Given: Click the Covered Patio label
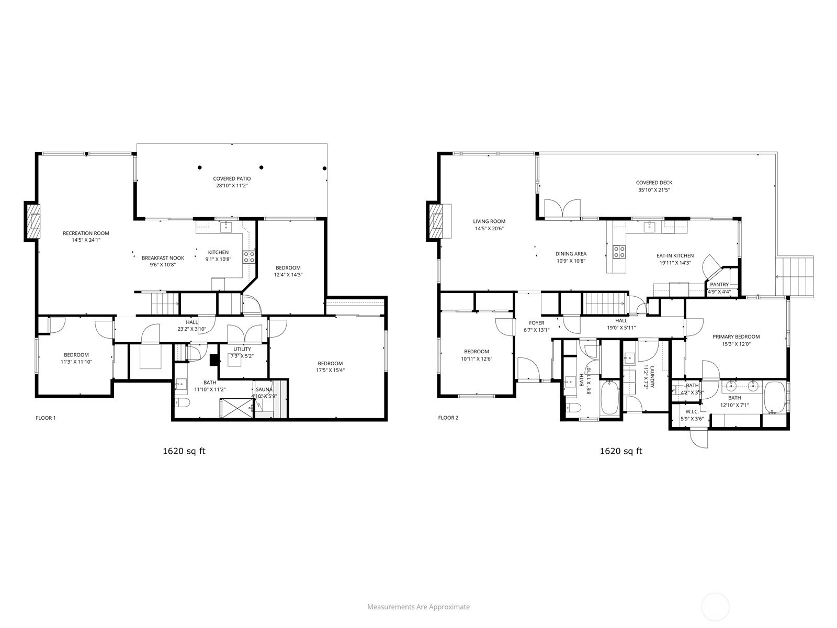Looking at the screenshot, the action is tap(232, 178).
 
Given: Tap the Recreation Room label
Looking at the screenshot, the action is tap(86, 233).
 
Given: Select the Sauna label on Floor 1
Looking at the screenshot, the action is tap(264, 389).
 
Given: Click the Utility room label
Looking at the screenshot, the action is tap(242, 349).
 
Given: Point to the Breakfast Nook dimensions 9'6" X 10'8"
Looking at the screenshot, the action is tap(163, 265).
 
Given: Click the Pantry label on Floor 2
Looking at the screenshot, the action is tap(719, 285).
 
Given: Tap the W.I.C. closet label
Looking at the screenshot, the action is tap(692, 411).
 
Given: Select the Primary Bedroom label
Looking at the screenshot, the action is tap(736, 337).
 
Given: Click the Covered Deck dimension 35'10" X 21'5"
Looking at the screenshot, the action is tap(654, 190).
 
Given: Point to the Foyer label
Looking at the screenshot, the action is tap(537, 323).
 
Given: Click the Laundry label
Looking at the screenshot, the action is tap(652, 377).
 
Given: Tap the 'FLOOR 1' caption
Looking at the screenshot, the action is tap(46, 418).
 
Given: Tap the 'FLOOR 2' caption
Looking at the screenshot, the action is tap(448, 418).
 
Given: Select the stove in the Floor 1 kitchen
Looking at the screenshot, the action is tap(249, 257).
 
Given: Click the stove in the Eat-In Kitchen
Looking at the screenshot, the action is tap(619, 251).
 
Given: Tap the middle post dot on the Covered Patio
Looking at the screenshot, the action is tap(261, 167).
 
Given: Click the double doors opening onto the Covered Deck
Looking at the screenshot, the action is tap(562, 209).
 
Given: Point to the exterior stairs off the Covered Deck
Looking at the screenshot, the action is tap(795, 276).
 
